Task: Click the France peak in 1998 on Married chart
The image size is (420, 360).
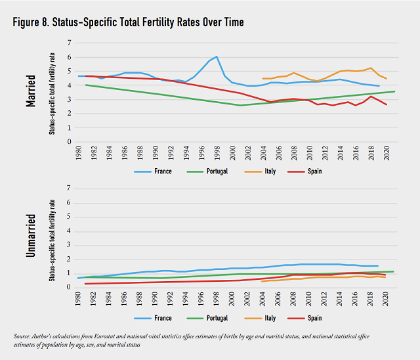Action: tap(217, 56)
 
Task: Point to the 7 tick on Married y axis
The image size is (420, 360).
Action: tap(68, 43)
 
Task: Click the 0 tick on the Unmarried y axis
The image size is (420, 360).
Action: tap(68, 286)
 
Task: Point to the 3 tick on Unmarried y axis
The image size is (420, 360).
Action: tap(68, 244)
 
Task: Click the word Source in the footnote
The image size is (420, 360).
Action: tap(23, 336)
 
